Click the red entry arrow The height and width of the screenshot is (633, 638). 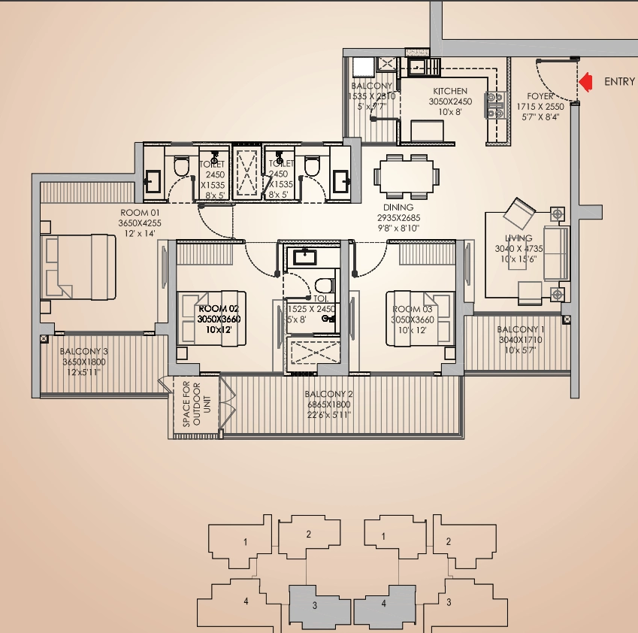click(587, 81)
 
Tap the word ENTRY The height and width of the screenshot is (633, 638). click(619, 82)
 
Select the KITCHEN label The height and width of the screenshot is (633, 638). click(450, 91)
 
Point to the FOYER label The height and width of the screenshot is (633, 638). click(540, 97)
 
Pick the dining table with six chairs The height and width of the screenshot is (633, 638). click(407, 175)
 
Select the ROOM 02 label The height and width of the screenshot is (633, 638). click(217, 309)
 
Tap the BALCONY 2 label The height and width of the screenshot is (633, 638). click(328, 394)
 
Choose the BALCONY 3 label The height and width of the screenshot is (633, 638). click(84, 351)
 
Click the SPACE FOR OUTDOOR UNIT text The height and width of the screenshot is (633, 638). click(192, 406)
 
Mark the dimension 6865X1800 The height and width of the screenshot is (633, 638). click(328, 404)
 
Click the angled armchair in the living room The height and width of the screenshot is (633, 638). click(519, 213)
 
